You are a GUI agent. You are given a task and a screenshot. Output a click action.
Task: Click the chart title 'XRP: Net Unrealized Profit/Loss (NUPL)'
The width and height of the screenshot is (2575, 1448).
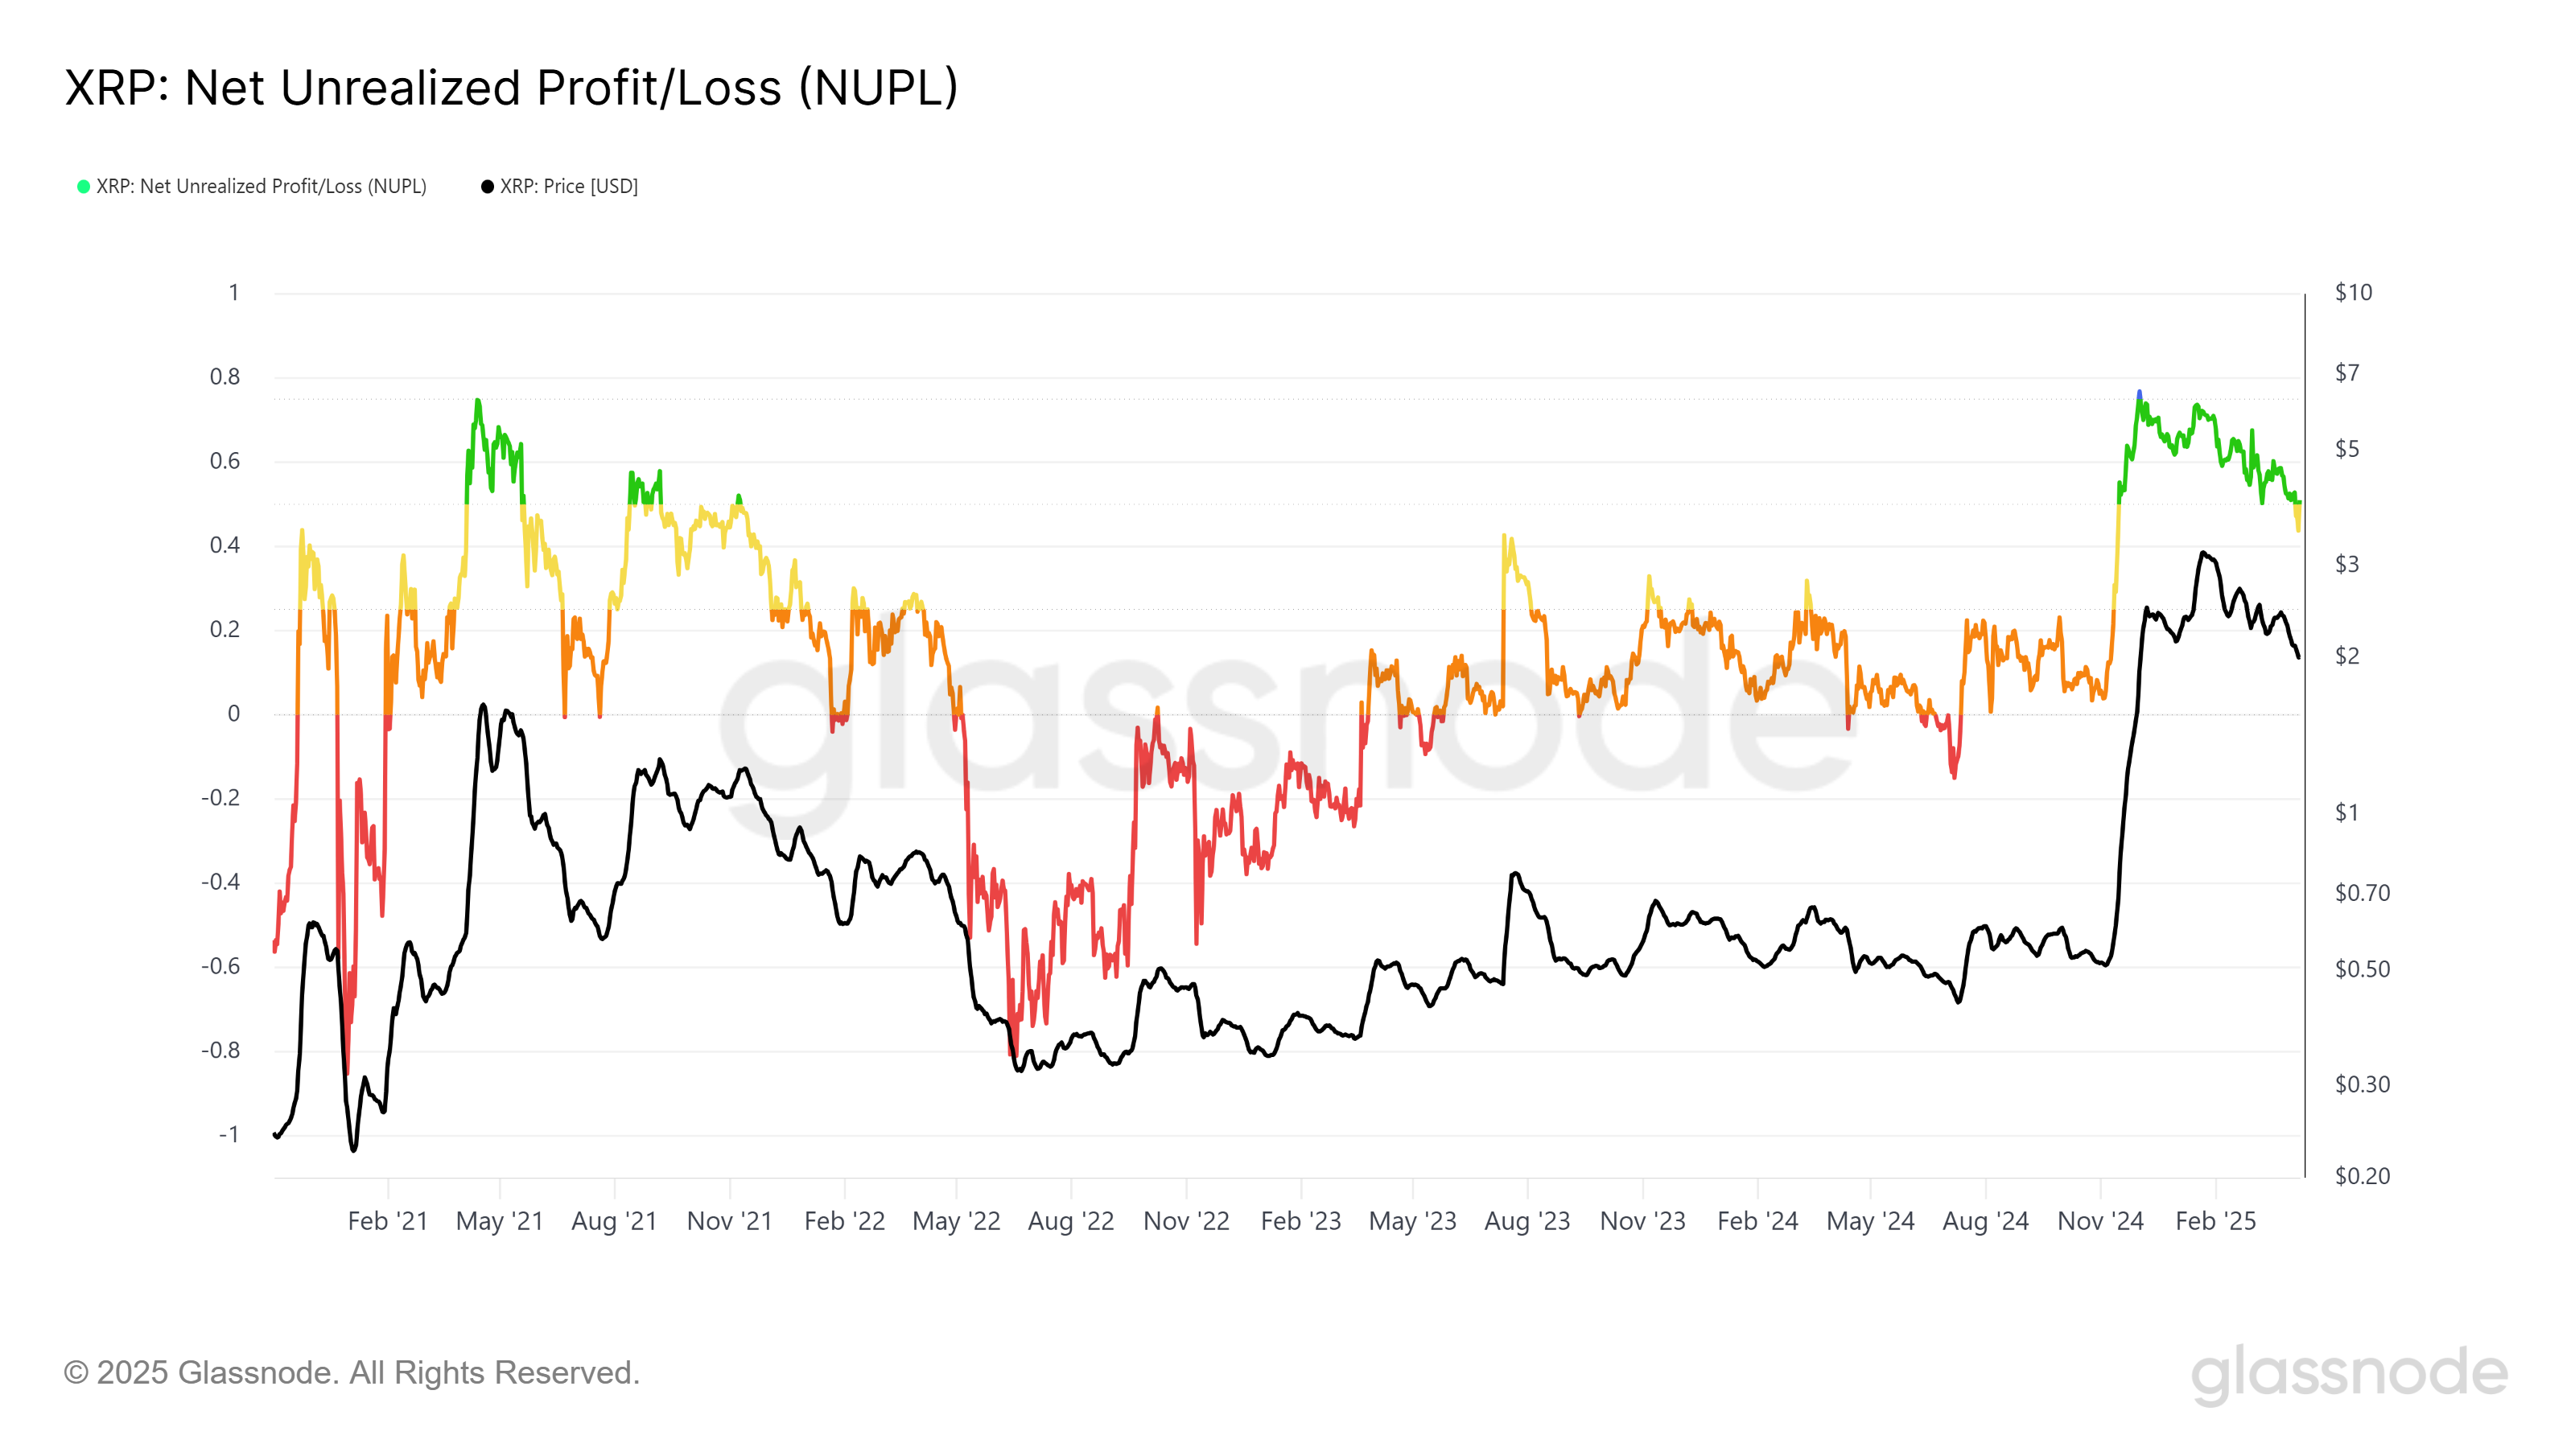(511, 88)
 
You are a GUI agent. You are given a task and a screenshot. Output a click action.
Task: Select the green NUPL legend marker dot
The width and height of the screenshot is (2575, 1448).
(84, 187)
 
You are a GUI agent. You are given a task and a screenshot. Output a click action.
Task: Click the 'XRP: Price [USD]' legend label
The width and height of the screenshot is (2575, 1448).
(568, 187)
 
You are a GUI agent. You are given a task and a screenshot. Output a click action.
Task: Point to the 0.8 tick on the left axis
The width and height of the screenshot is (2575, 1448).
(225, 376)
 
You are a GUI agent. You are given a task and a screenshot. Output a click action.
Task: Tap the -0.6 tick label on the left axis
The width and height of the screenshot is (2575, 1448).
(221, 965)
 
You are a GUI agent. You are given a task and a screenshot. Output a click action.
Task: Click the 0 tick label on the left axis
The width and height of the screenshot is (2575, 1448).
(234, 714)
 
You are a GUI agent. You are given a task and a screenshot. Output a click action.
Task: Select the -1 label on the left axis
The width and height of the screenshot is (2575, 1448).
(229, 1134)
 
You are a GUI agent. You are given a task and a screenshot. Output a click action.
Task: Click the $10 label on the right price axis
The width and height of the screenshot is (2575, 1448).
(2353, 293)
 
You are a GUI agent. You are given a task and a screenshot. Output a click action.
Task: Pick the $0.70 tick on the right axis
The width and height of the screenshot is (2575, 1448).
(2361, 892)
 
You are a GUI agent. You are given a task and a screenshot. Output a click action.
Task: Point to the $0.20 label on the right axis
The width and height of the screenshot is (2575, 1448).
(2361, 1175)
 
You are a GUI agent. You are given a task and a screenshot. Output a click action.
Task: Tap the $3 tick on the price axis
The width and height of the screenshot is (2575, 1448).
(2346, 565)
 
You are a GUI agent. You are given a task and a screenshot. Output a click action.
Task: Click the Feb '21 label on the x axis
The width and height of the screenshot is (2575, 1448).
(388, 1221)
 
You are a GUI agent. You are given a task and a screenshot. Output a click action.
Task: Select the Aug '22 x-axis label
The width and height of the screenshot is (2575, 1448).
(1070, 1221)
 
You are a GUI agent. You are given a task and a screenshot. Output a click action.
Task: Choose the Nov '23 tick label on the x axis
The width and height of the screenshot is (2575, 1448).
(1642, 1221)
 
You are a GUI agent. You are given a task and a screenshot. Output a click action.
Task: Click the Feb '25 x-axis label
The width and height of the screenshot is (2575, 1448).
(2215, 1221)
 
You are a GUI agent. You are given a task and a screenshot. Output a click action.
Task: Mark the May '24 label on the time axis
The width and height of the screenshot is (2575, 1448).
(1869, 1221)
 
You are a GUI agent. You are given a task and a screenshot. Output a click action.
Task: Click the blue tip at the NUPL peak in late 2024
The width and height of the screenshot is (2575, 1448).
(2139, 393)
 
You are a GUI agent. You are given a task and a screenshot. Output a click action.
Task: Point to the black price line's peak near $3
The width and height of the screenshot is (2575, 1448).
(2203, 553)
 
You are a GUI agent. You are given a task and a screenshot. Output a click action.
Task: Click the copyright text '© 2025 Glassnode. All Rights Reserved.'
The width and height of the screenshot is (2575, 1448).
(352, 1373)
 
